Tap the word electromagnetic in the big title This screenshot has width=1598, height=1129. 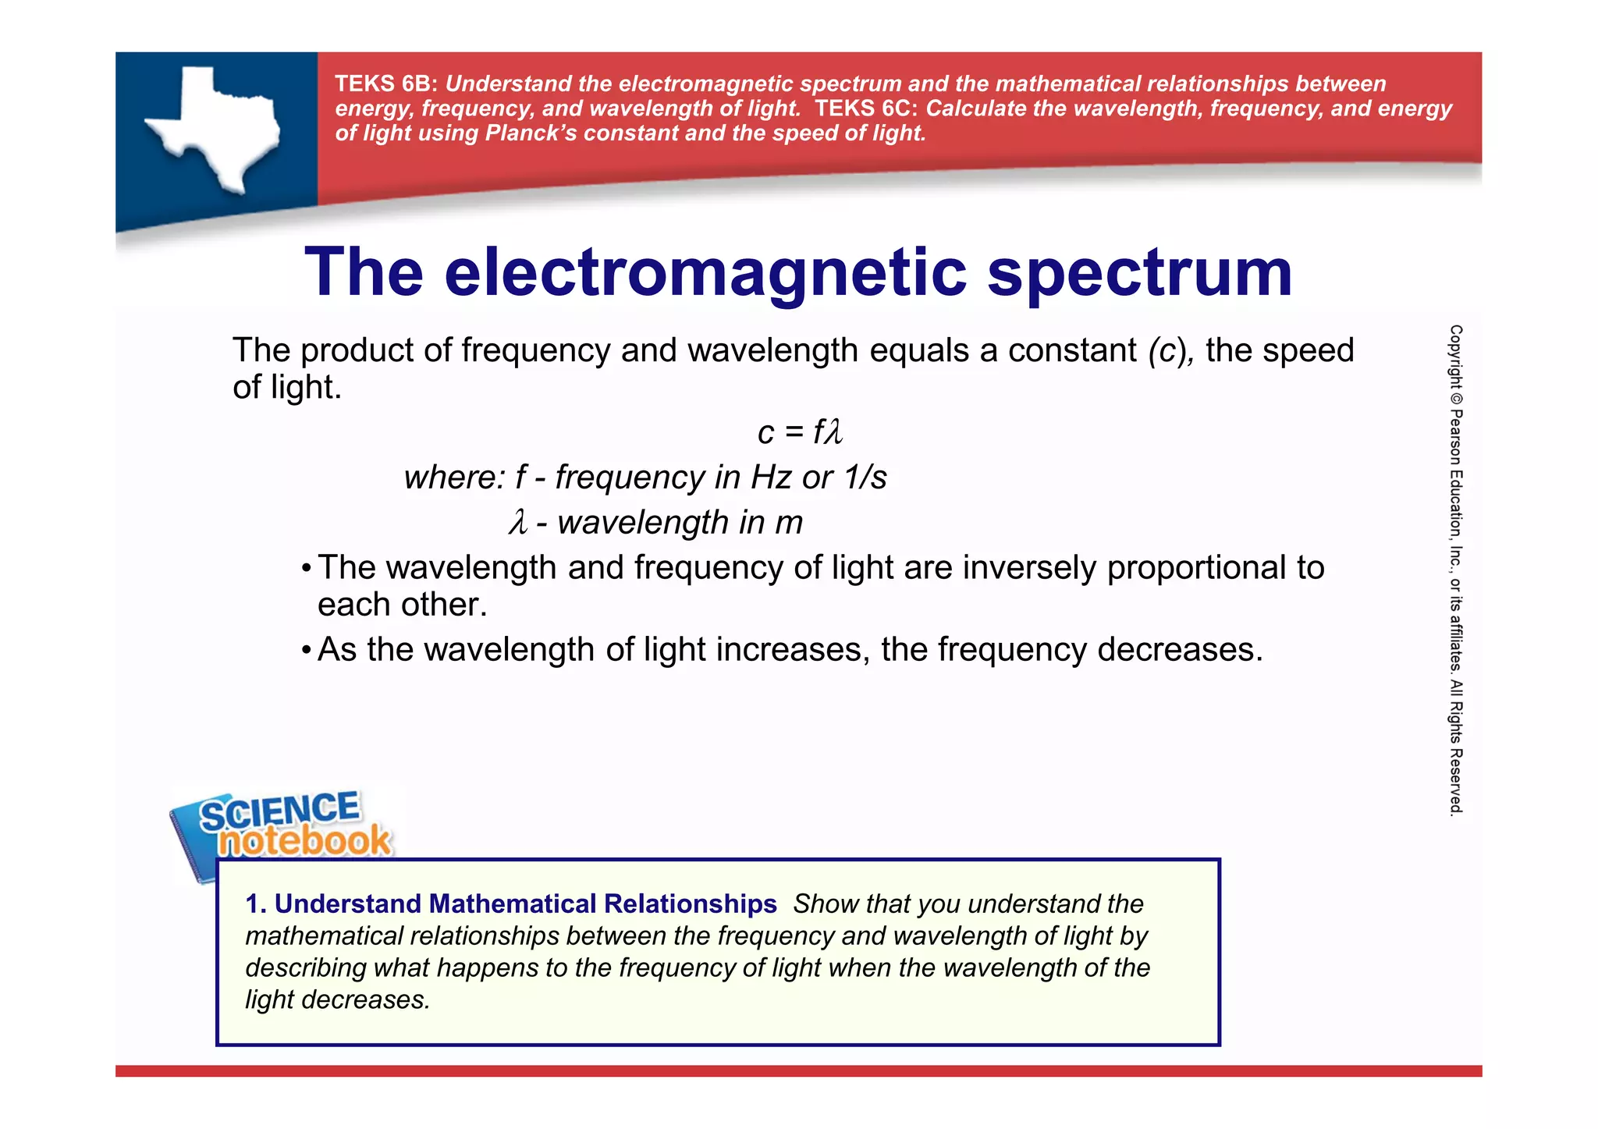[706, 273]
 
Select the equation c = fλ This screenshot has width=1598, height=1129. [800, 432]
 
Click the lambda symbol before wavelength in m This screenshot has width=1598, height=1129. [518, 522]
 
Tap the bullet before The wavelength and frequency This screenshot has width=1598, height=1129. [307, 569]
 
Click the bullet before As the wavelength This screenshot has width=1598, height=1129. [307, 651]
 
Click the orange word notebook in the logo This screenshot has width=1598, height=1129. [304, 841]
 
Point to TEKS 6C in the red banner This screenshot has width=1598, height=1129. [866, 108]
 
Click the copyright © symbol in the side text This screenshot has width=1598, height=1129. [1456, 397]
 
